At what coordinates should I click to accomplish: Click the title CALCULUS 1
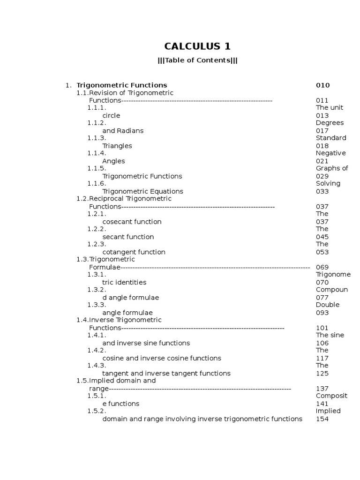197,46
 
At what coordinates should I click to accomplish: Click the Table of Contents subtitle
197,60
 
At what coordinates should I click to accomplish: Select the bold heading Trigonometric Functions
121,85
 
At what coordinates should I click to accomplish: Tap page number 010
322,85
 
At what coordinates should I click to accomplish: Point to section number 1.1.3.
97,138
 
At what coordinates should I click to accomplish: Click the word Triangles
117,146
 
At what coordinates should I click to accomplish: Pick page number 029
322,176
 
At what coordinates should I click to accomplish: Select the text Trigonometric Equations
142,191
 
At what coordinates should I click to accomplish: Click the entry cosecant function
132,222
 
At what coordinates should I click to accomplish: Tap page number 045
322,237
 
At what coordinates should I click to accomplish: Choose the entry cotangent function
134,252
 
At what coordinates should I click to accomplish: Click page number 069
322,267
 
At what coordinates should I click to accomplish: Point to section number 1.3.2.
97,290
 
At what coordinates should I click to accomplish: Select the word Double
327,305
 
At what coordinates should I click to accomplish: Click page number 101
322,328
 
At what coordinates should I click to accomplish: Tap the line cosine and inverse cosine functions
162,358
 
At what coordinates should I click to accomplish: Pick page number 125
322,373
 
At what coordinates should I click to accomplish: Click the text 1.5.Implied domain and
116,381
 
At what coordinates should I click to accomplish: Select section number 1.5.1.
97,396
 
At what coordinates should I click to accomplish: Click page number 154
322,419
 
